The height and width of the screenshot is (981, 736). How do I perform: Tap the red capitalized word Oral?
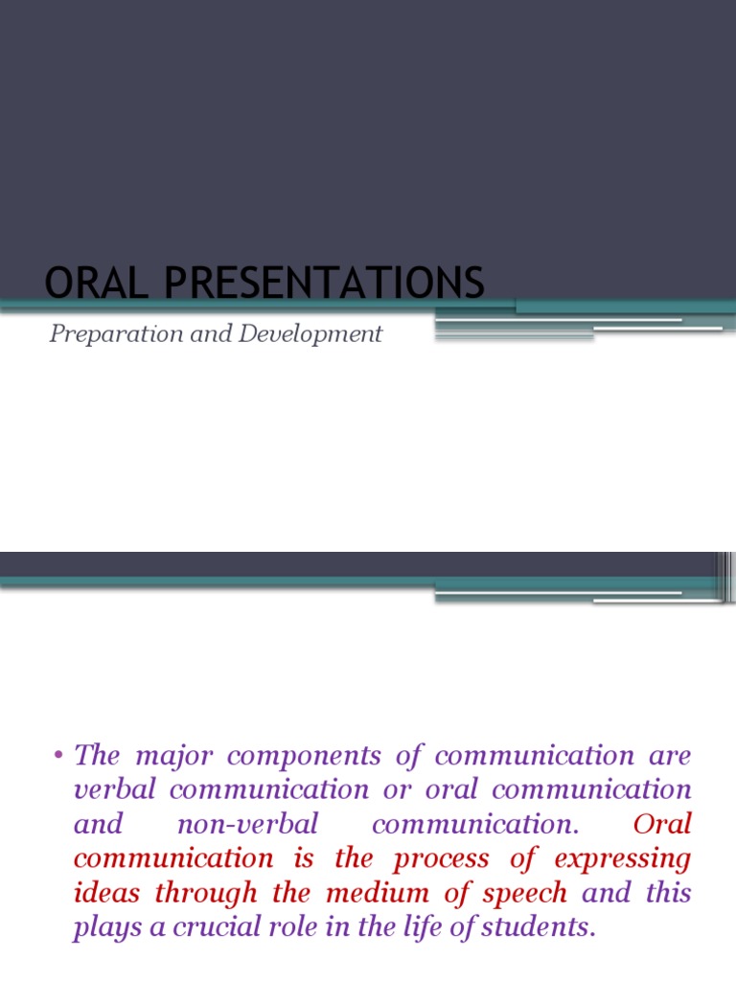click(662, 825)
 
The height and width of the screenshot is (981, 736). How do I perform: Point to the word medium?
click(363, 894)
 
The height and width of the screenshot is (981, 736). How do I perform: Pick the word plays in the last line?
click(103, 928)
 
